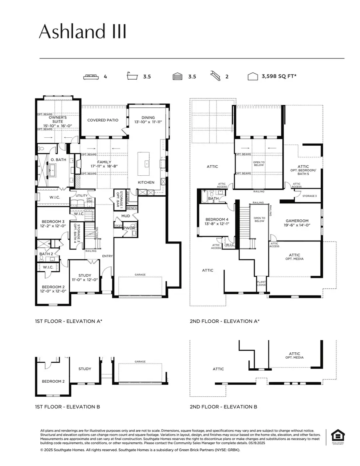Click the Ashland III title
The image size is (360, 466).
(x=82, y=32)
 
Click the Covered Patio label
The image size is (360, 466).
(x=103, y=120)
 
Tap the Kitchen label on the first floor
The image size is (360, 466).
(x=146, y=182)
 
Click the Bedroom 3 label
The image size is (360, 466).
(x=53, y=221)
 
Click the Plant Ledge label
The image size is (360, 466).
(x=262, y=284)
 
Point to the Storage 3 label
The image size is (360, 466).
(x=309, y=196)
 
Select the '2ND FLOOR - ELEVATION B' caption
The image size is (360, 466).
(x=223, y=407)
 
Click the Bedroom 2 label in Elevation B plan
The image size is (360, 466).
(x=53, y=381)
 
